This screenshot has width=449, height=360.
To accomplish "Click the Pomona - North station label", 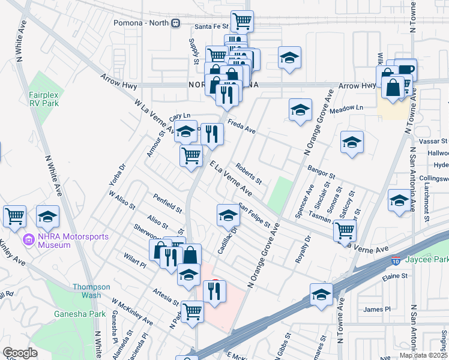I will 142,23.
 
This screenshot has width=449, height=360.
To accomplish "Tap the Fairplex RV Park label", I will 43,99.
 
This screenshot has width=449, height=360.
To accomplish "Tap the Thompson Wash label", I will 92,291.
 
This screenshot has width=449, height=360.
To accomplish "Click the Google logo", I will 20,353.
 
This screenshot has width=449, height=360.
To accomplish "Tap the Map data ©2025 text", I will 423,355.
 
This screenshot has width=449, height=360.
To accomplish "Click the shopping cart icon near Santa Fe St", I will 243,21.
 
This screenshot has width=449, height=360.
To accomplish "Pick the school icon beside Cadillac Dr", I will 228,215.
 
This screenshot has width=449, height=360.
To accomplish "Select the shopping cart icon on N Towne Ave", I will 345,229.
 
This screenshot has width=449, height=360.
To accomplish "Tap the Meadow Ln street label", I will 351,107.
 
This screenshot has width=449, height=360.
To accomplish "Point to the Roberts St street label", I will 249,173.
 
